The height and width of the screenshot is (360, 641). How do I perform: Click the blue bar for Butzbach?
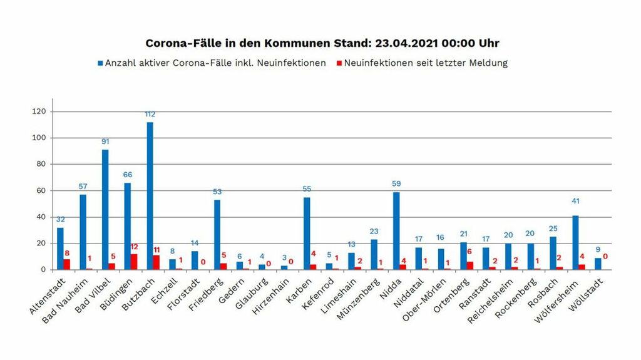[150, 196]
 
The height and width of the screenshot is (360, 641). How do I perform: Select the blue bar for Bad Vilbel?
[105, 210]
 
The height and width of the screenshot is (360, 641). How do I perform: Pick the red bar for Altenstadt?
[67, 264]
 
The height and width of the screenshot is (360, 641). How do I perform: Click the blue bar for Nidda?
[396, 231]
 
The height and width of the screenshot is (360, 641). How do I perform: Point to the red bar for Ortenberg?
[469, 265]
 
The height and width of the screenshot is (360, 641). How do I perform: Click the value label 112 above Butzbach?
[150, 115]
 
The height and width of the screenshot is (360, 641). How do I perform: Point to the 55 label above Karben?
[307, 189]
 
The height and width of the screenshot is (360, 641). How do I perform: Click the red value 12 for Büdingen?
[134, 247]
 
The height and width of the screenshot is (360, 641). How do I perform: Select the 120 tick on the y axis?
[42, 111]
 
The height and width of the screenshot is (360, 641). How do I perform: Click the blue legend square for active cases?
[100, 63]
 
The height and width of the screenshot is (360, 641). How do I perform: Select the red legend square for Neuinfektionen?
[339, 63]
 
